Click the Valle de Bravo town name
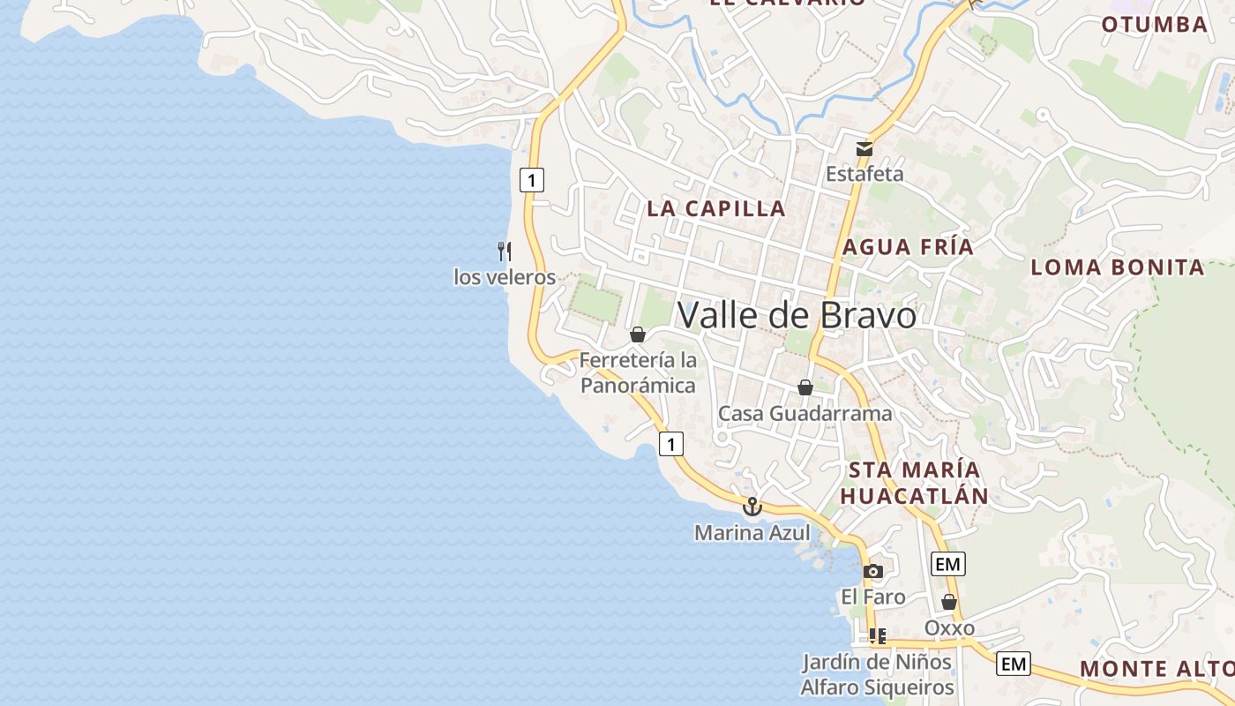[x=797, y=315]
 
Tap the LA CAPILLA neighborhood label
[x=715, y=208]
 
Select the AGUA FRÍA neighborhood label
[x=908, y=247]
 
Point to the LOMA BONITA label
[x=1118, y=267]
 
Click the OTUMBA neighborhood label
[x=1154, y=25]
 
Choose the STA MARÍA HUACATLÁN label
[x=914, y=482]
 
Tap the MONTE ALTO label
[x=1156, y=669]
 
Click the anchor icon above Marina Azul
[x=752, y=507]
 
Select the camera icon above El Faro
[x=872, y=572]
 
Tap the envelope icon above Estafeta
[x=864, y=148]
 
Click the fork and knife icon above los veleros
[x=505, y=251]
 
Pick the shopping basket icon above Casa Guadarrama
[x=805, y=387]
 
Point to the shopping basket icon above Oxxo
[x=949, y=603]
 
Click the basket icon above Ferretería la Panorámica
[x=637, y=334]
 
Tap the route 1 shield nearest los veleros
[x=531, y=181]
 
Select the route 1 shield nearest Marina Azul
[x=671, y=443]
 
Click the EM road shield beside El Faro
[x=947, y=563]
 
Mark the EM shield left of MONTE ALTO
[x=1014, y=664]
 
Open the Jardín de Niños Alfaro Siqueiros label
[x=877, y=674]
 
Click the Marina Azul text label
[x=752, y=533]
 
